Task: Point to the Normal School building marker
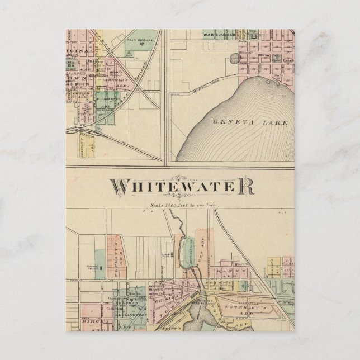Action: [x=100, y=267]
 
